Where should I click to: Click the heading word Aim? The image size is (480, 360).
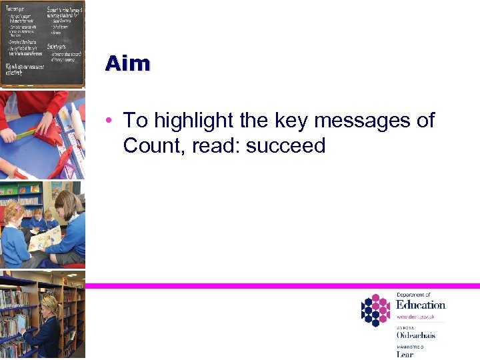(x=127, y=63)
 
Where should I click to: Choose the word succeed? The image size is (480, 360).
(x=285, y=145)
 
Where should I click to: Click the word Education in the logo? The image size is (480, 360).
(x=420, y=305)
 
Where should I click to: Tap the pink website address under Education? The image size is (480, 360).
(x=416, y=317)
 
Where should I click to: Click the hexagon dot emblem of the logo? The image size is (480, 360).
(x=375, y=311)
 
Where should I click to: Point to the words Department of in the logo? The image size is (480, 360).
(x=413, y=295)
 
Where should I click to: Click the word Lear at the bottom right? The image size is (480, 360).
(x=405, y=354)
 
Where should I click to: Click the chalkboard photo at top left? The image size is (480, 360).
(x=43, y=43)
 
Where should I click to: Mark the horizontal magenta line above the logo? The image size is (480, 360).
(x=280, y=285)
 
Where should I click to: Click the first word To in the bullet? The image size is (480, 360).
(x=135, y=121)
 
